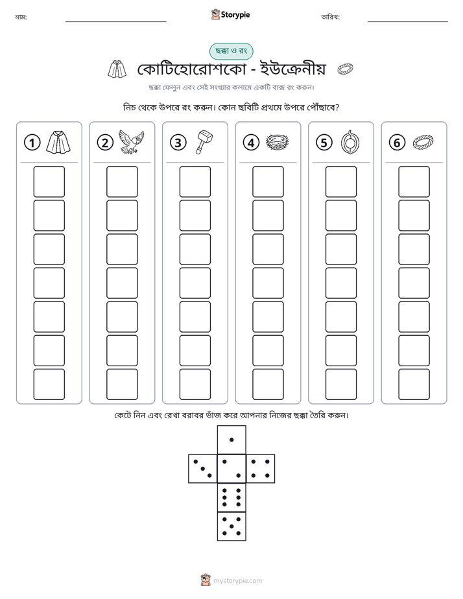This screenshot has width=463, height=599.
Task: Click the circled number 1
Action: click(32, 143)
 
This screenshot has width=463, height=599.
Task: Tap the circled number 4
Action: click(251, 143)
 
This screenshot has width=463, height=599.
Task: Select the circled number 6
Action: click(397, 143)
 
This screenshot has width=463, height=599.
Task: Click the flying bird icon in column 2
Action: click(132, 141)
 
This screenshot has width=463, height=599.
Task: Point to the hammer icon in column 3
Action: click(204, 141)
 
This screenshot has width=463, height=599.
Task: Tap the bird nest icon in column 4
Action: click(277, 142)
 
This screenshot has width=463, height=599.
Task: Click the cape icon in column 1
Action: click(58, 142)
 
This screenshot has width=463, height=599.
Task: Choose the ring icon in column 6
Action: click(423, 142)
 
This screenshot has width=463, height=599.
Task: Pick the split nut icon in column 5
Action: click(350, 142)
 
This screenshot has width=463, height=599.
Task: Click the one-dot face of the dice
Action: click(231, 440)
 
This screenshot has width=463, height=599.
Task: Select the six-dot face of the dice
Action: click(231, 497)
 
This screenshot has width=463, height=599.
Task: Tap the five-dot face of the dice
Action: click(231, 526)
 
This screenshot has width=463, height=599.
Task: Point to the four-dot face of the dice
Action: click(261, 469)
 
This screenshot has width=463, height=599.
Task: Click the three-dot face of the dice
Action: click(203, 469)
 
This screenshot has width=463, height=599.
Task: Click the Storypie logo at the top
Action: click(230, 14)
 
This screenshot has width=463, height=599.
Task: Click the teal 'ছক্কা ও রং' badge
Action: click(231, 51)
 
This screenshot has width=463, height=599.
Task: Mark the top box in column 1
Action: click(49, 182)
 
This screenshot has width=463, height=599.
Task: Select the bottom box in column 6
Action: click(414, 384)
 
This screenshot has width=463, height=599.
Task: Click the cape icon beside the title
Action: click(117, 69)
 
